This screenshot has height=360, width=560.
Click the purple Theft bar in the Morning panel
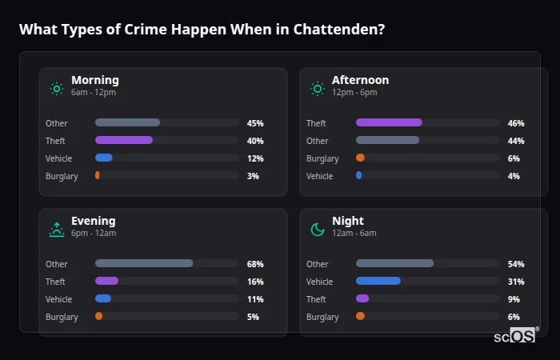point(124,140)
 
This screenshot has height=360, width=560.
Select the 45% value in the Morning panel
point(255,123)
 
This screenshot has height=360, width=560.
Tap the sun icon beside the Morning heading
point(56,88)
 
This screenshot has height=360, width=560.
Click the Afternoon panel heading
point(360,80)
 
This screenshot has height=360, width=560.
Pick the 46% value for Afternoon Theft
point(516,123)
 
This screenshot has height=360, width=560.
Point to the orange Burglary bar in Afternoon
point(360,158)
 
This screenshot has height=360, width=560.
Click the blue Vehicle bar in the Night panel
point(378,281)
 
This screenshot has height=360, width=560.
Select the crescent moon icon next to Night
point(318,230)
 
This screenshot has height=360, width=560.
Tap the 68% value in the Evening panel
point(255,264)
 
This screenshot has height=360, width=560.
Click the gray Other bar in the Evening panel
point(144,263)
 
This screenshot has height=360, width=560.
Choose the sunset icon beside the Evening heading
point(56,230)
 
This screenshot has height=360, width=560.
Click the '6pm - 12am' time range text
point(94,234)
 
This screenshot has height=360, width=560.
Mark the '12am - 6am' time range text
point(354,234)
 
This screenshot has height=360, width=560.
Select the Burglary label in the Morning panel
point(62,176)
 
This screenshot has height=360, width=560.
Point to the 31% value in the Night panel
point(516,282)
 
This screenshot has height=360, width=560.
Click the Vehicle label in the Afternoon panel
point(319,176)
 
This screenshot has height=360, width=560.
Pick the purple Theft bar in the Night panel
point(362,298)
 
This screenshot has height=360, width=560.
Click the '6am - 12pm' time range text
point(94,93)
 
